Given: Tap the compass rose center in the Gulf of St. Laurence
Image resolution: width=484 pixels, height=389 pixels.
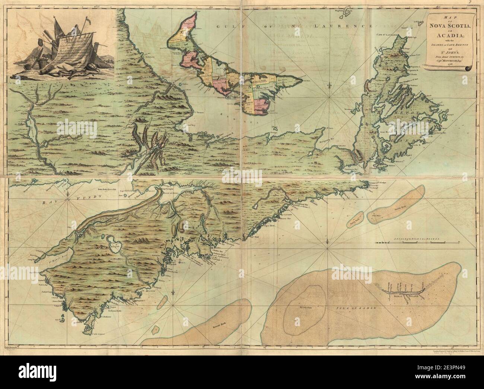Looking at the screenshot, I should (x=330, y=98).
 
